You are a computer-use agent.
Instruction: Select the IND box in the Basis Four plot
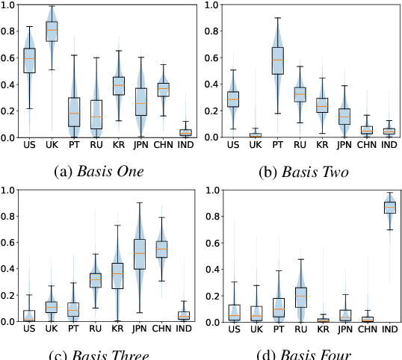389,207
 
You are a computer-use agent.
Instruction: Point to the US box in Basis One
29,60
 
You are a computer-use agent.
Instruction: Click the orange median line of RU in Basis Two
279,94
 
